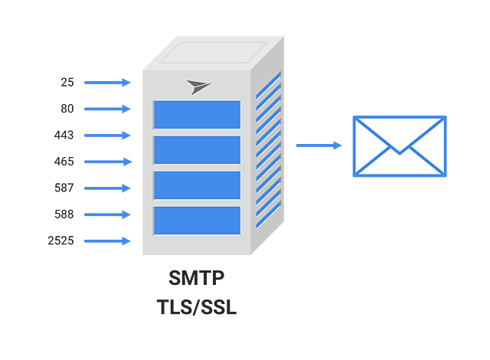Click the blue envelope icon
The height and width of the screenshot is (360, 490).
click(399, 146)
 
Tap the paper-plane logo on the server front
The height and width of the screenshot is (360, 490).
click(198, 87)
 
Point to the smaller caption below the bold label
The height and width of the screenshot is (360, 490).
click(197, 306)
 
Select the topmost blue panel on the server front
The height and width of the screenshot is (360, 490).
click(197, 115)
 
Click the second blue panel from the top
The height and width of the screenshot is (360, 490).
click(197, 150)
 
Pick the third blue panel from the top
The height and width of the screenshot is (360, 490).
click(197, 185)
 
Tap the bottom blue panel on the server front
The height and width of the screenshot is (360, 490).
click(197, 221)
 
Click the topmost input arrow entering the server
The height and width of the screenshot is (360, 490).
click(107, 82)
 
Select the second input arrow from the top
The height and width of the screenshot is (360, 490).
click(107, 109)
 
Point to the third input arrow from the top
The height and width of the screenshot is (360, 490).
click(107, 135)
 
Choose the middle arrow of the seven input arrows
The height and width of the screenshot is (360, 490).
click(107, 162)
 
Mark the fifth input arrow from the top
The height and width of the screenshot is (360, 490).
click(107, 188)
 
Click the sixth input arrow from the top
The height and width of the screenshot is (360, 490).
click(107, 214)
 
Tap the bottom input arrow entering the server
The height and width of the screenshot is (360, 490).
click(107, 241)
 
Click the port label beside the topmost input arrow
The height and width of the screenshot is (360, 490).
click(67, 82)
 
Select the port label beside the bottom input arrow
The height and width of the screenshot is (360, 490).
click(61, 241)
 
